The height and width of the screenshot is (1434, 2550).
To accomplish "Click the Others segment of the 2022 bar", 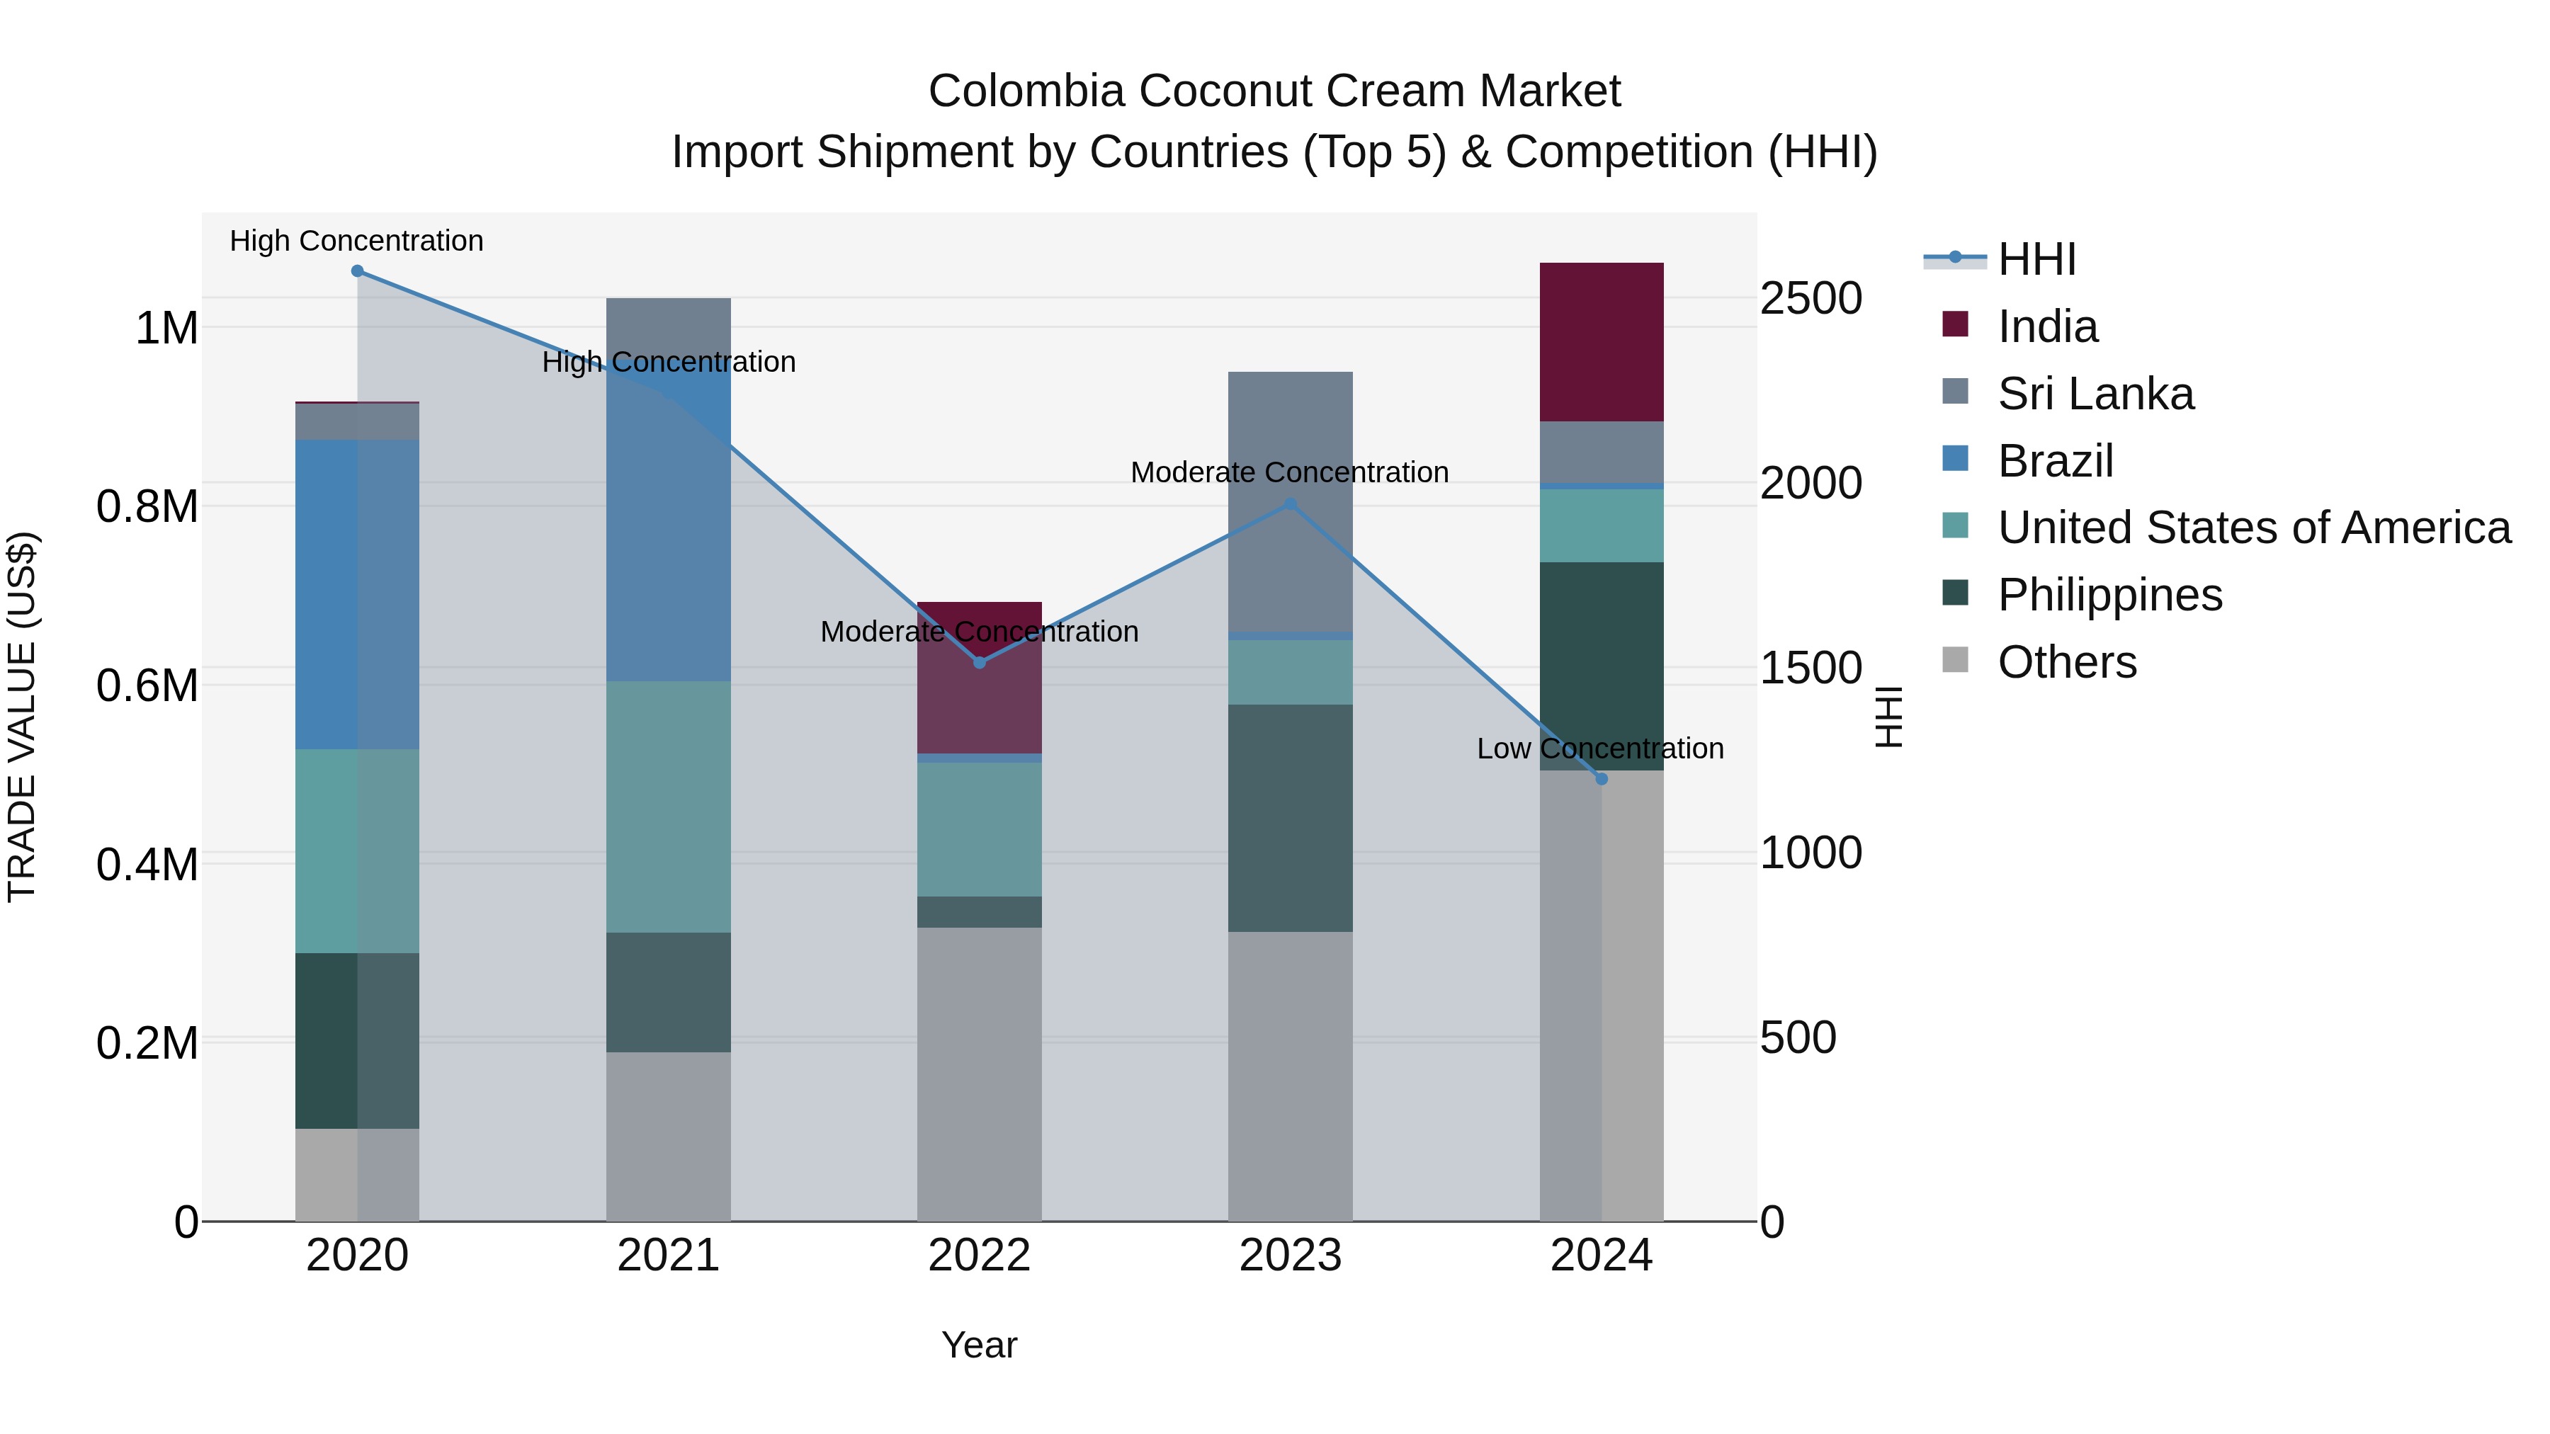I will coord(979,1074).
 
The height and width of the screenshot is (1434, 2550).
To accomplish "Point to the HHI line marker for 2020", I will coord(358,271).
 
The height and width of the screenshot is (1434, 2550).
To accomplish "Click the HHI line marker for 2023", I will coord(1290,503).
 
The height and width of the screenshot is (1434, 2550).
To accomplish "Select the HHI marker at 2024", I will coord(1602,779).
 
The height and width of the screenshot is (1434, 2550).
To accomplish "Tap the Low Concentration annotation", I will coord(1599,749).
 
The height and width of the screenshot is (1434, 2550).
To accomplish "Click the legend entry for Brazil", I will coord(2055,461).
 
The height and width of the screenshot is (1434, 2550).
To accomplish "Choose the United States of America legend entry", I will coord(2253,528).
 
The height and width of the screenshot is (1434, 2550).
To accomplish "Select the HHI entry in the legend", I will coord(2036,259).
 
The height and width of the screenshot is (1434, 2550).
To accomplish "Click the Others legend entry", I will coord(2066,662).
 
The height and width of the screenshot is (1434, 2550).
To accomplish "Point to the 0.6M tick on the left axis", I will coord(147,685).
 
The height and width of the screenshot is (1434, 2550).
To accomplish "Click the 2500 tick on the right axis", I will coord(1810,299).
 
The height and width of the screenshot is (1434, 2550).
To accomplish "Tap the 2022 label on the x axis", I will coord(979,1256).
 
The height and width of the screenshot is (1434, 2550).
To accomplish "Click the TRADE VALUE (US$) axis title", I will coord(23,717).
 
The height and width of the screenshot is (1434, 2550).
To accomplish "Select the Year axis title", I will coord(979,1345).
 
